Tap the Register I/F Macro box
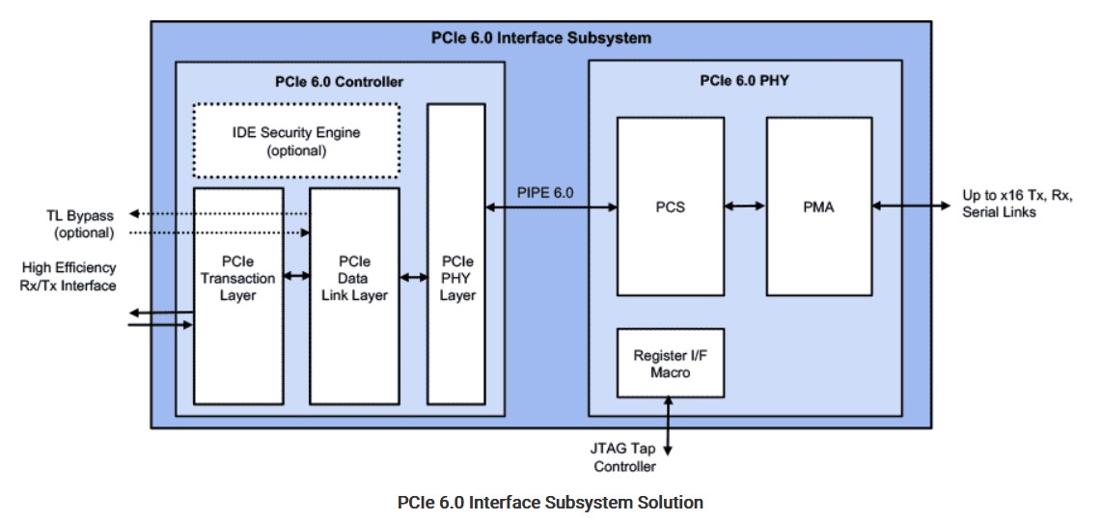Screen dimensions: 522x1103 [670, 363]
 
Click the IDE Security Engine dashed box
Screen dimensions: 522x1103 [296, 141]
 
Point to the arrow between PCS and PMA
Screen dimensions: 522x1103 [744, 206]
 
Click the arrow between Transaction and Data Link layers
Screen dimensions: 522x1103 [296, 278]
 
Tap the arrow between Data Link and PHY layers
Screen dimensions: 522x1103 [413, 278]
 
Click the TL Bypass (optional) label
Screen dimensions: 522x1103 [83, 225]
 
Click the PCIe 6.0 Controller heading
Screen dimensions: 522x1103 [340, 82]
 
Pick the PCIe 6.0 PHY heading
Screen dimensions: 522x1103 [744, 80]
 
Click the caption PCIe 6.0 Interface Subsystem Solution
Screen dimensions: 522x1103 [550, 503]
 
